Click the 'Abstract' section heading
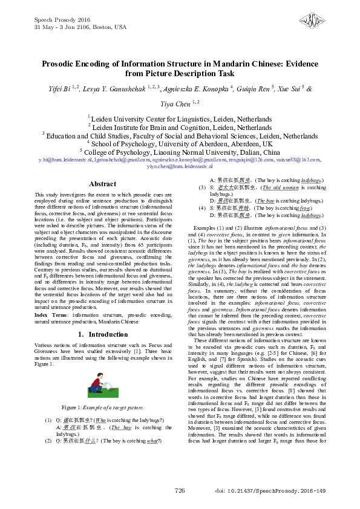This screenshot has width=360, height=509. [102, 184]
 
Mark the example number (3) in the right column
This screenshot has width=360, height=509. [203, 188]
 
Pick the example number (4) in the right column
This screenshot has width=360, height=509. [203, 207]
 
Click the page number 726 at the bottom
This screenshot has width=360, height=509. [180, 490]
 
